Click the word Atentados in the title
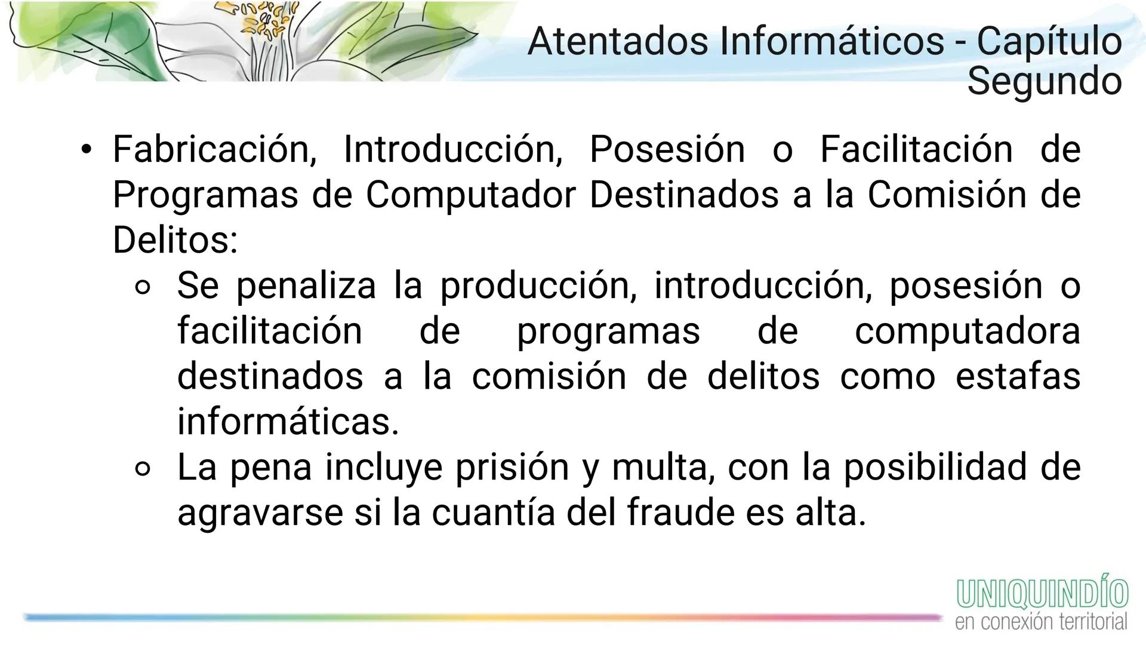pos(618,42)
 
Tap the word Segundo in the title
pos(1044,81)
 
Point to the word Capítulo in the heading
pos(1049,42)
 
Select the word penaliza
pos(306,285)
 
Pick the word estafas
pos(1018,376)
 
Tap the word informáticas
pos(288,422)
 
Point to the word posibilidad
pos(933,467)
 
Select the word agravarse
pos(260,512)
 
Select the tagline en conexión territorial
pos(1041,622)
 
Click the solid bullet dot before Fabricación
pos(87,149)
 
